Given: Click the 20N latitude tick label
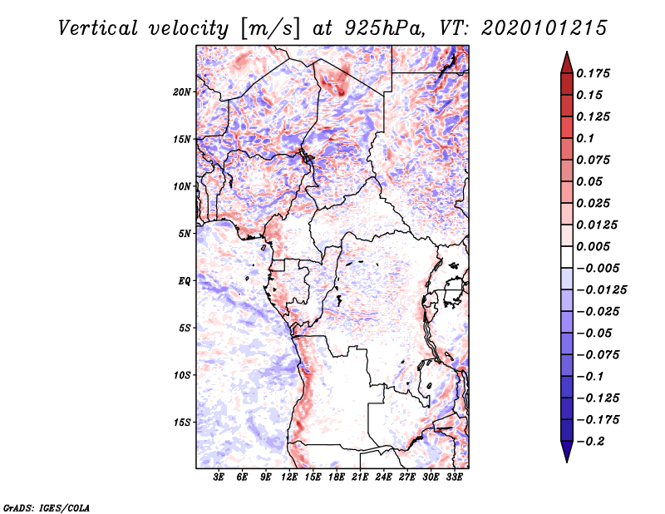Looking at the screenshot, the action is point(182,92).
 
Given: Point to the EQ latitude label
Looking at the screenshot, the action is point(184,281).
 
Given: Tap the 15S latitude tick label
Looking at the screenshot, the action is point(182,423).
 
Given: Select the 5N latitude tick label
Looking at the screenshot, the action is point(185,234).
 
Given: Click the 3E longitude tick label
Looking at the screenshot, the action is point(219,477).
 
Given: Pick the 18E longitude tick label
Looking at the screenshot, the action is point(337,477).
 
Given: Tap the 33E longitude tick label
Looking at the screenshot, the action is point(454,477).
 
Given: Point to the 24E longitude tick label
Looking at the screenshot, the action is point(383,477).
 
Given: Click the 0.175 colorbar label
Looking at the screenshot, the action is point(593,73).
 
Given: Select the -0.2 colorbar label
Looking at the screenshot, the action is point(590,442).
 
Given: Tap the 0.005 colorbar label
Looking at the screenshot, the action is point(593,246).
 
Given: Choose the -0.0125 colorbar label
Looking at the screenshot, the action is point(601,290).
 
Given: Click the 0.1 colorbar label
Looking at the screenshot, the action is point(585,138).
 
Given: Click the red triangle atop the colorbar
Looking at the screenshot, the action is point(567,63).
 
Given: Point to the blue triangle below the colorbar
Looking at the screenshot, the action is point(567,452).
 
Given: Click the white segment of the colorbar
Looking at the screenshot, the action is point(567,257).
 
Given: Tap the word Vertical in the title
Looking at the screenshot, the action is point(98,28).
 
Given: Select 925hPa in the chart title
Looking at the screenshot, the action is point(383,28).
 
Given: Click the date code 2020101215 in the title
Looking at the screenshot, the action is point(544,28).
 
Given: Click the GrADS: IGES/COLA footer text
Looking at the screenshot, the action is point(47,508).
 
